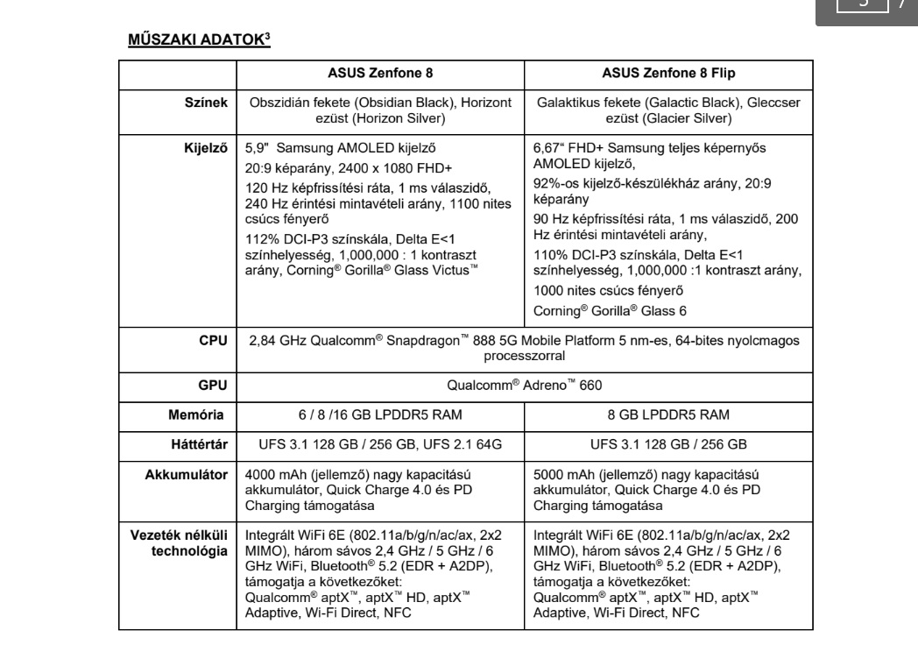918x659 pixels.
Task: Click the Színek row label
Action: coord(208,103)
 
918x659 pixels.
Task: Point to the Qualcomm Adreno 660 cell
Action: coord(524,383)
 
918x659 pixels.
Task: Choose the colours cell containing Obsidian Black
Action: coord(379,110)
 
